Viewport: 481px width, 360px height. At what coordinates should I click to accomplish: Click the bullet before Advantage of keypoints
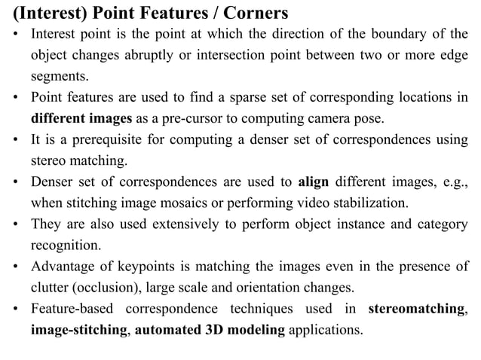click(17, 267)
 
